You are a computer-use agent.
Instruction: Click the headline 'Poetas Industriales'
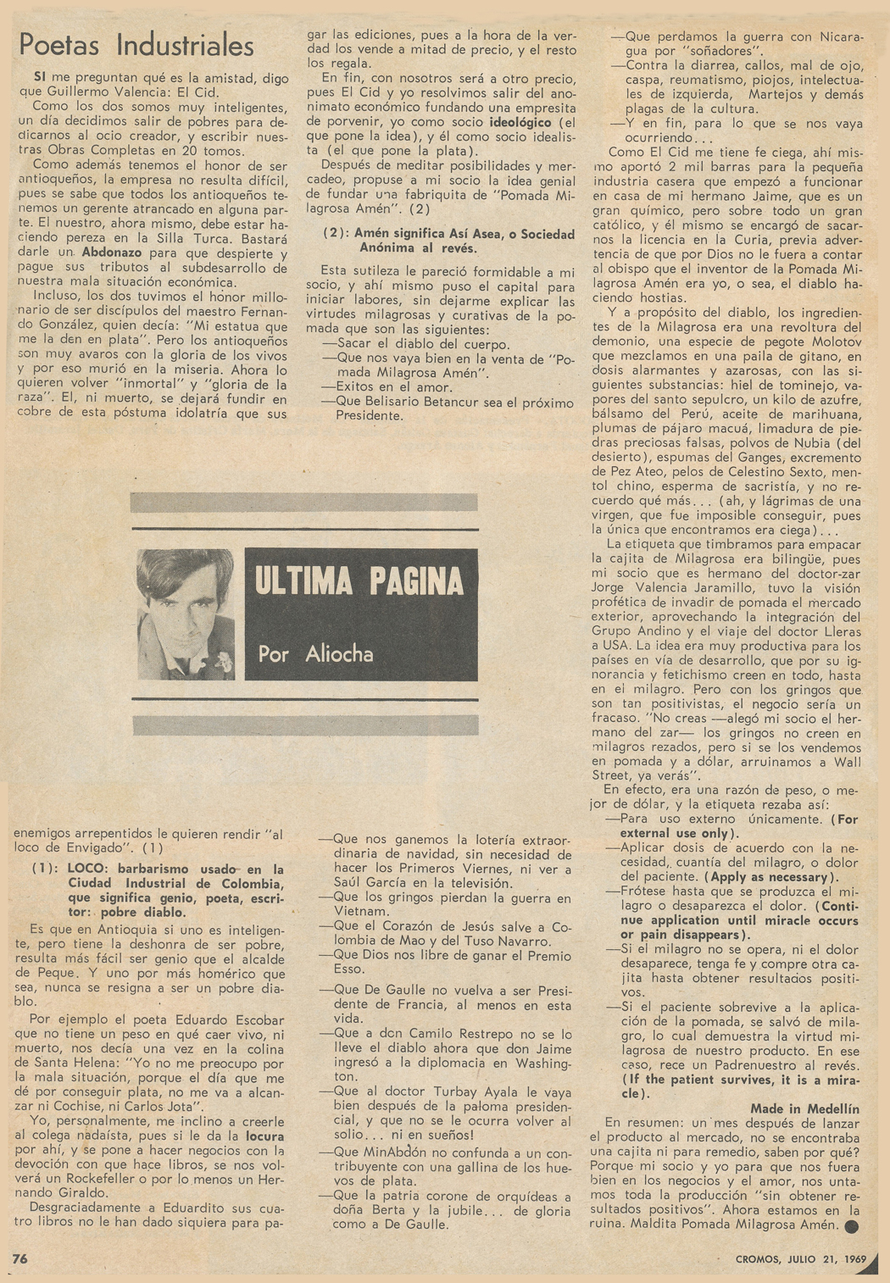pyautogui.click(x=136, y=45)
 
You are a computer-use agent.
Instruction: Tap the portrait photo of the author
pyautogui.click(x=186, y=614)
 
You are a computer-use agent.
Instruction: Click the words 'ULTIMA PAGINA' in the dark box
pyautogui.click(x=359, y=582)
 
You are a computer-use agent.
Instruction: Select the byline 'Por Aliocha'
pyautogui.click(x=315, y=653)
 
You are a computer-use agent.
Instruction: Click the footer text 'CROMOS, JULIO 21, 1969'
pyautogui.click(x=787, y=1259)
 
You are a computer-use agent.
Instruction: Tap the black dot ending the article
pyautogui.click(x=851, y=1226)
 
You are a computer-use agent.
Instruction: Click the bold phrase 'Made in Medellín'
pyautogui.click(x=804, y=1108)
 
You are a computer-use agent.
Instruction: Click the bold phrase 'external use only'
pyautogui.click(x=675, y=833)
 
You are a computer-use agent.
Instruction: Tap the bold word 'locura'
pyautogui.click(x=264, y=1136)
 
